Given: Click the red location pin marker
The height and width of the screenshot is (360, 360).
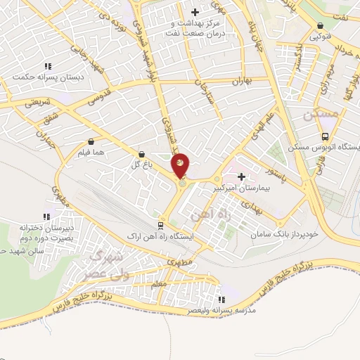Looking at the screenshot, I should pos(181,165).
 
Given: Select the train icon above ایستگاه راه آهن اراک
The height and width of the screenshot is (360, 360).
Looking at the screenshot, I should pos(160,225).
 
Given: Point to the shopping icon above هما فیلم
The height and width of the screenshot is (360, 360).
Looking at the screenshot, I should pos(92,141).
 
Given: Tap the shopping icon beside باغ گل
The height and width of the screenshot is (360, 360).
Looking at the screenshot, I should pos(143,153).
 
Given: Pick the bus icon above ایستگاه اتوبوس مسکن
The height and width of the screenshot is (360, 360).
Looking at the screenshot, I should pos(324,136).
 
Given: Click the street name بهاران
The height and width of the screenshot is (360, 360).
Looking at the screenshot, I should pos(240,82).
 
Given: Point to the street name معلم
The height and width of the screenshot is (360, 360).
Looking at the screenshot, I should pos(158,283).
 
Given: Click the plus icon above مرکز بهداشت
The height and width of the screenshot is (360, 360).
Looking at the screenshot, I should pos(195,12).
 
